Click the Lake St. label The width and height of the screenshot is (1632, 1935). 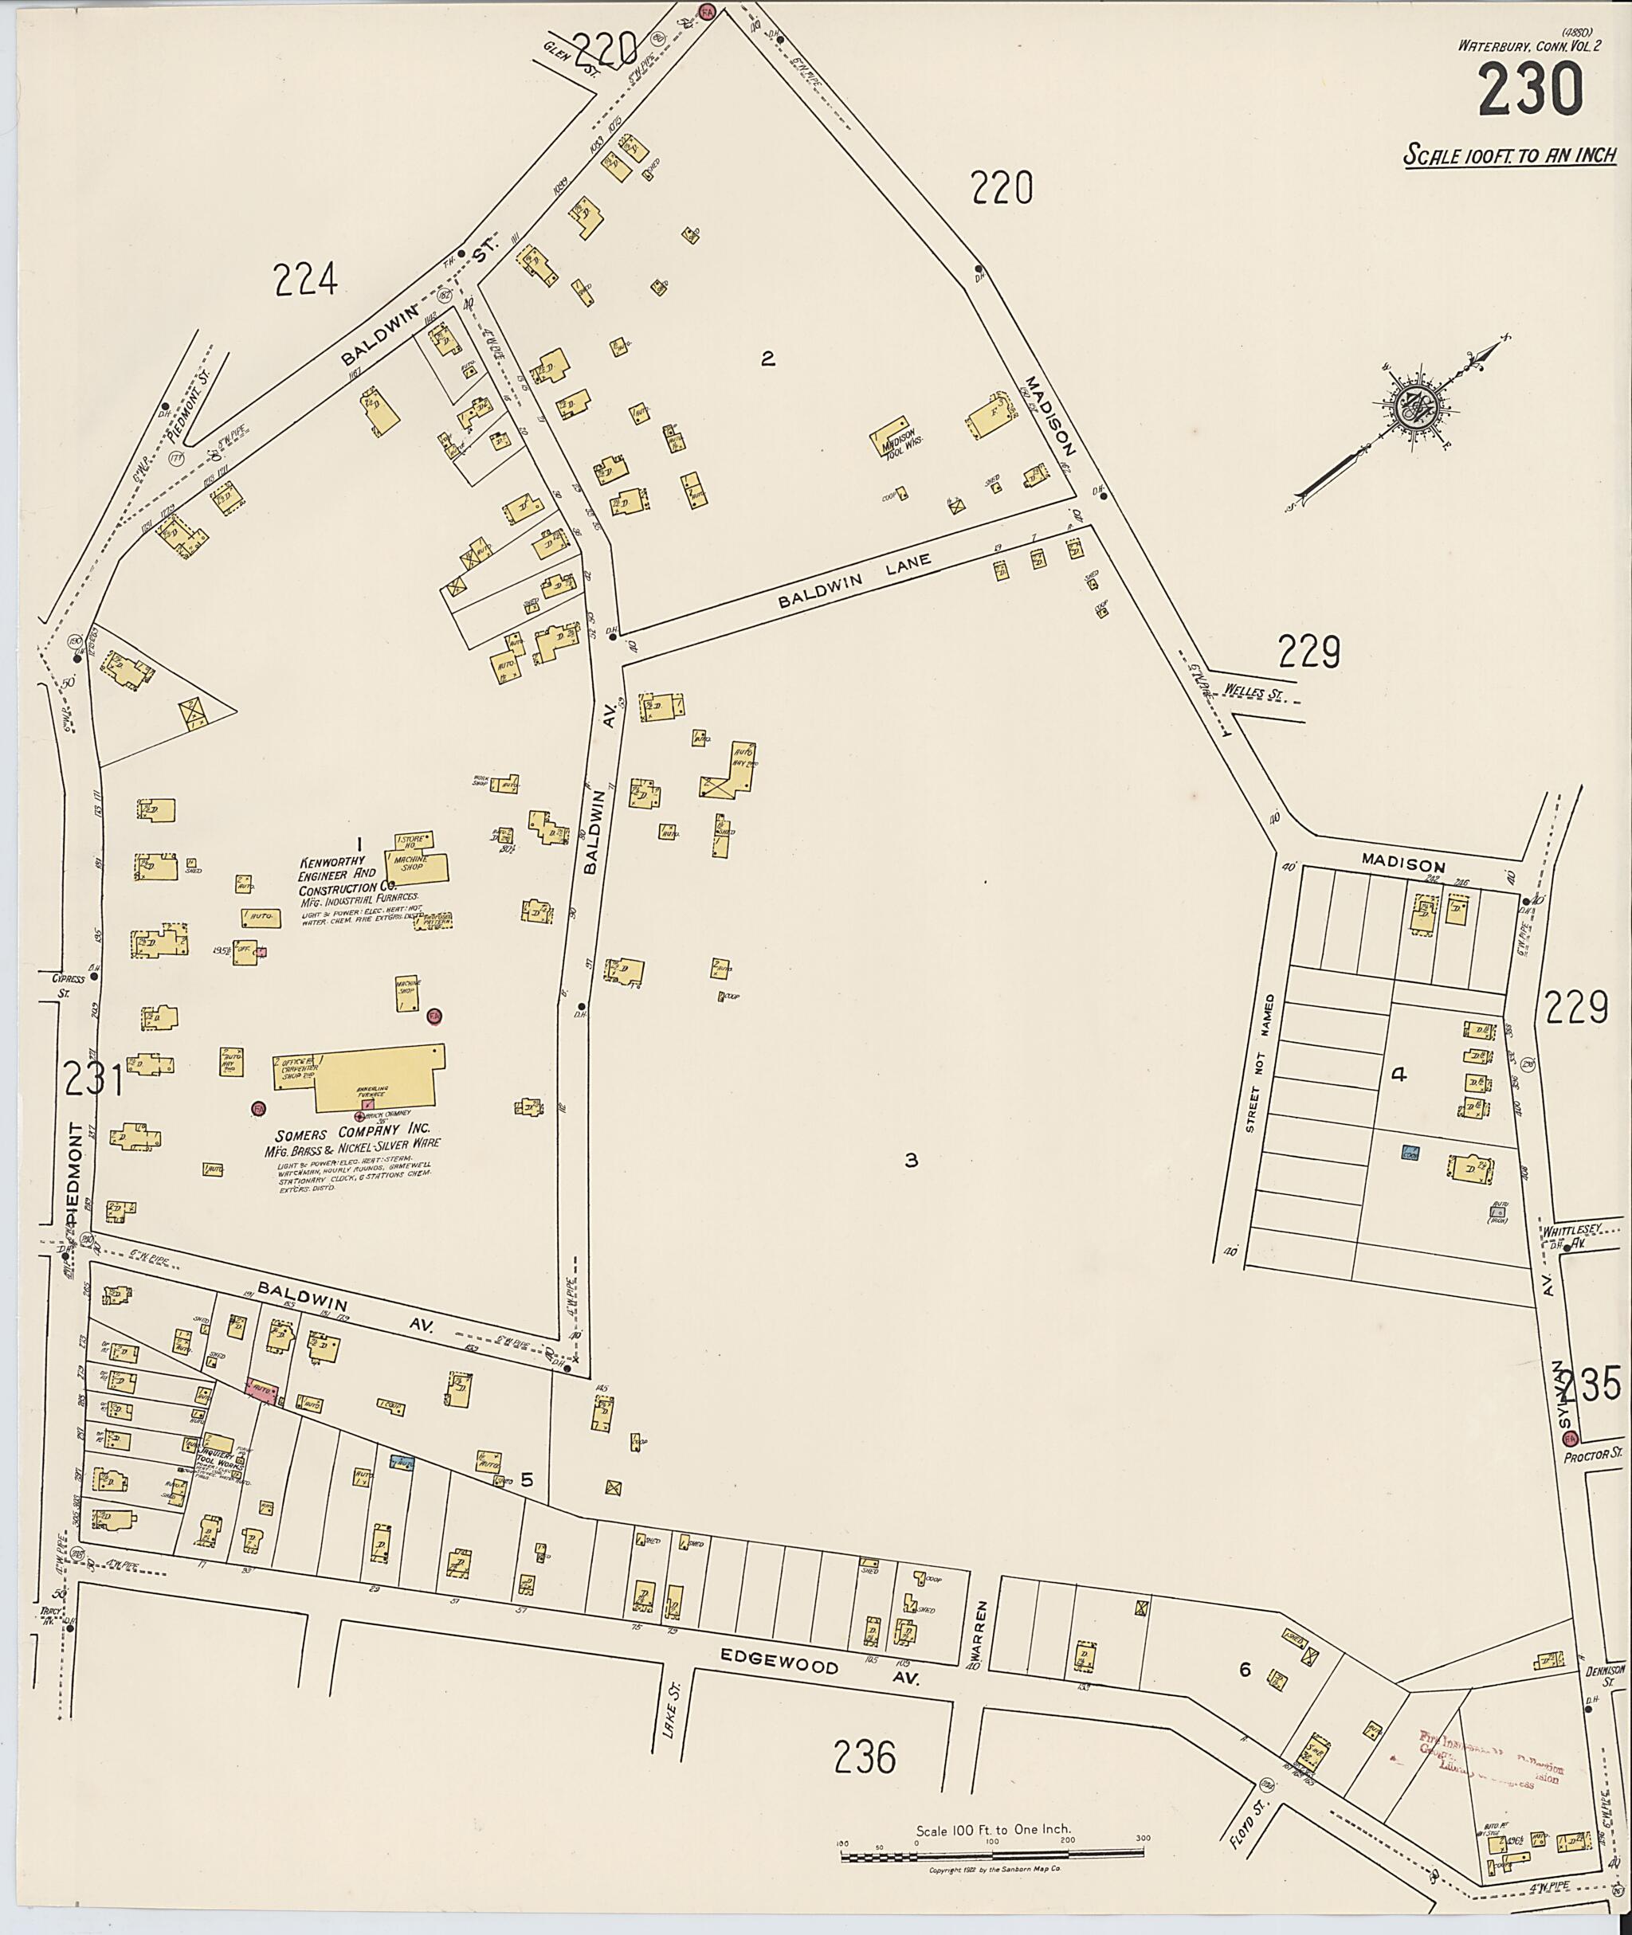point(677,1721)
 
